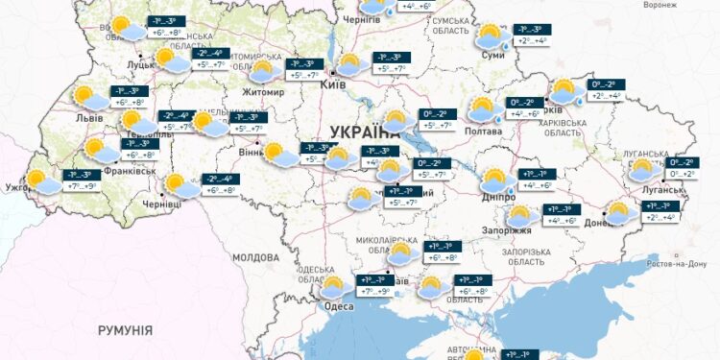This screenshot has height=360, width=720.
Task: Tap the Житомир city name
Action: pos(266,92)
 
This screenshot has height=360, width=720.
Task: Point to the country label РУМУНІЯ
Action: pos(125,329)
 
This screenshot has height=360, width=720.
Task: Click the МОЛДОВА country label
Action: pos(255,257)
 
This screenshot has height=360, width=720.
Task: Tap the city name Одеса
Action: pos(339,305)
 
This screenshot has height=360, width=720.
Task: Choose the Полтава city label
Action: pos(483,131)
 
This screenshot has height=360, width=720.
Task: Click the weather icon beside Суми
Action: pos(492,36)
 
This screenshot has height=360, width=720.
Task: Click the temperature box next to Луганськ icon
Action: pos(684,168)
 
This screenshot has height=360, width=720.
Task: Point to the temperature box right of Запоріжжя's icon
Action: pos(561,215)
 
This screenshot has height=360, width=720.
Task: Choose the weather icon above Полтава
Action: pos(483,108)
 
